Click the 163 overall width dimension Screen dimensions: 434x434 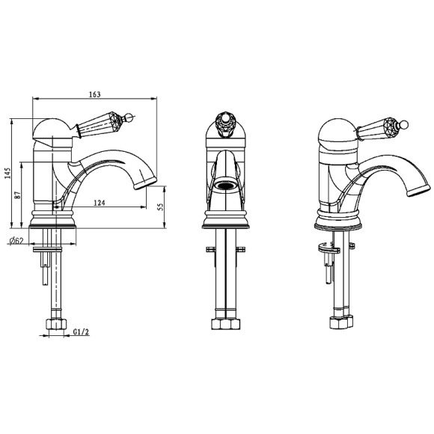[95, 94]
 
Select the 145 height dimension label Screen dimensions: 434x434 [7, 173]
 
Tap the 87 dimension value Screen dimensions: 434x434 [18, 195]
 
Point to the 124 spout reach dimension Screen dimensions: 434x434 [100, 203]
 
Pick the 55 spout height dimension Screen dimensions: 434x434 [160, 207]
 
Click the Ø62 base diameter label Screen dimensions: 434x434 [16, 241]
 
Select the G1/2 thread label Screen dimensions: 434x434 [81, 331]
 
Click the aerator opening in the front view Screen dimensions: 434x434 [225, 185]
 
